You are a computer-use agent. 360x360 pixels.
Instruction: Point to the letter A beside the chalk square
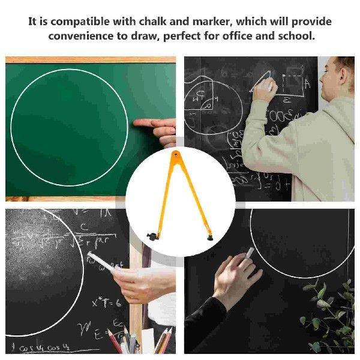coord(307,85)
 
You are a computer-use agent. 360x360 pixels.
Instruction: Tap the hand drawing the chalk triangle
coord(264,91)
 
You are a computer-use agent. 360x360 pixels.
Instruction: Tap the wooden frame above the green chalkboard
coord(90,59)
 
